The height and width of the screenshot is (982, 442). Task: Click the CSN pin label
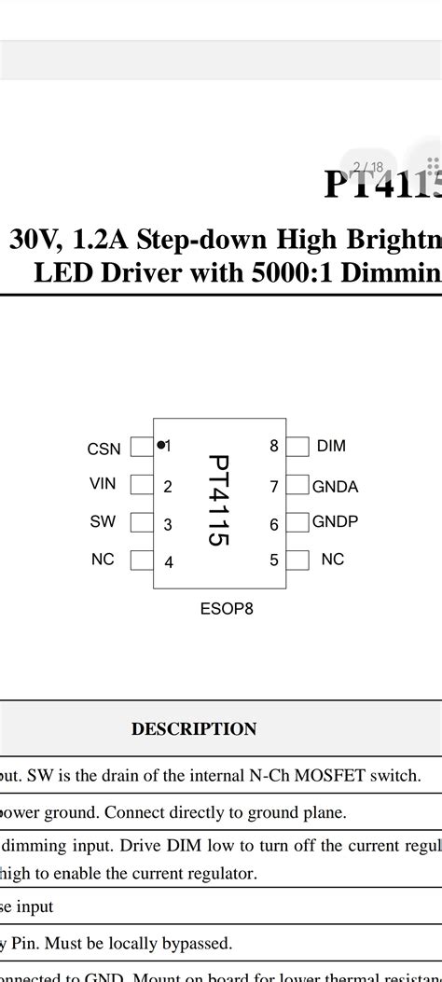point(104,450)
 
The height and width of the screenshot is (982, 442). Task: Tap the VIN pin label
point(103,485)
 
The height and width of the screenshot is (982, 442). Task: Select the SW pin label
point(103,522)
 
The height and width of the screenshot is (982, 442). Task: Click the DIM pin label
point(331,446)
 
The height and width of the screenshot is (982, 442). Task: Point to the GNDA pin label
point(336,486)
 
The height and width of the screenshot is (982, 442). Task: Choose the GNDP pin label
point(336,521)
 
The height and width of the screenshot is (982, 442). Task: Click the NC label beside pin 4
point(103,560)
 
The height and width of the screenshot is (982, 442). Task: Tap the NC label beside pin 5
point(332,560)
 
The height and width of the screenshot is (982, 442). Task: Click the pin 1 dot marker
point(160,445)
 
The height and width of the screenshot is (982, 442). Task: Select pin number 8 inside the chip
point(274,446)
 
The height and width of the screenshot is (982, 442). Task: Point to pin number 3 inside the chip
point(168,525)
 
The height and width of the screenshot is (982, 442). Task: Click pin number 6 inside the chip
point(274,525)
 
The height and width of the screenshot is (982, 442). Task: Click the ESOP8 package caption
point(227,609)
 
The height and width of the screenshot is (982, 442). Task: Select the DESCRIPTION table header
point(194,729)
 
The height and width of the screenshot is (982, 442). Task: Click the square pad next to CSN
point(141,447)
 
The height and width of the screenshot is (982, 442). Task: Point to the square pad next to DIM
point(297,447)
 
